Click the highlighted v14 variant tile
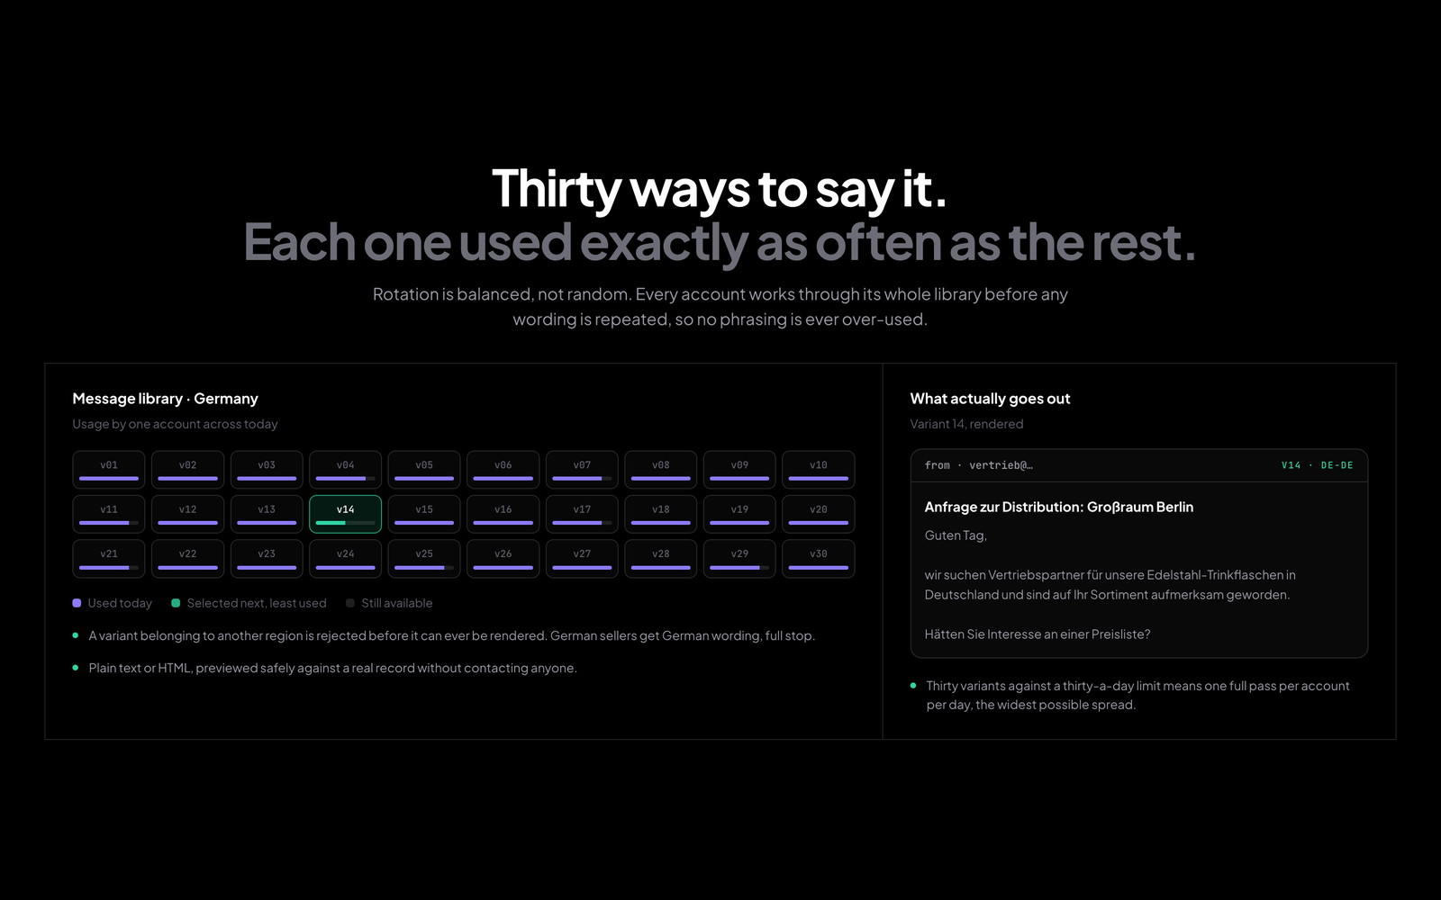(x=345, y=514)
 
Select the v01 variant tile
(x=109, y=469)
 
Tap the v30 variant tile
(x=819, y=558)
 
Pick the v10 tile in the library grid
(x=819, y=469)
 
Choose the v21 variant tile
(x=109, y=558)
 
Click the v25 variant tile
(x=424, y=558)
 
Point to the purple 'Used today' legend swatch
(x=77, y=603)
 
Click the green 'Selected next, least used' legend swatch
(x=176, y=603)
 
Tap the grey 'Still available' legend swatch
(x=350, y=603)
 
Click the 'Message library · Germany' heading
(x=166, y=399)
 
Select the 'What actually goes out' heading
(x=990, y=399)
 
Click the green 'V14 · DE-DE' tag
(x=1317, y=464)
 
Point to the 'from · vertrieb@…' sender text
(x=978, y=464)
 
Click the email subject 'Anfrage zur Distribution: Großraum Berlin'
(x=1059, y=507)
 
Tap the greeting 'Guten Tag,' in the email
(x=956, y=535)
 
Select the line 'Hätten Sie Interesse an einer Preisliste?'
(x=1037, y=634)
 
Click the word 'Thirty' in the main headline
(x=557, y=188)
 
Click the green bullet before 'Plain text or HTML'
(x=76, y=667)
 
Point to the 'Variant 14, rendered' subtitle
(x=966, y=424)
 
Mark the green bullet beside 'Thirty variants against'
(x=913, y=685)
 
